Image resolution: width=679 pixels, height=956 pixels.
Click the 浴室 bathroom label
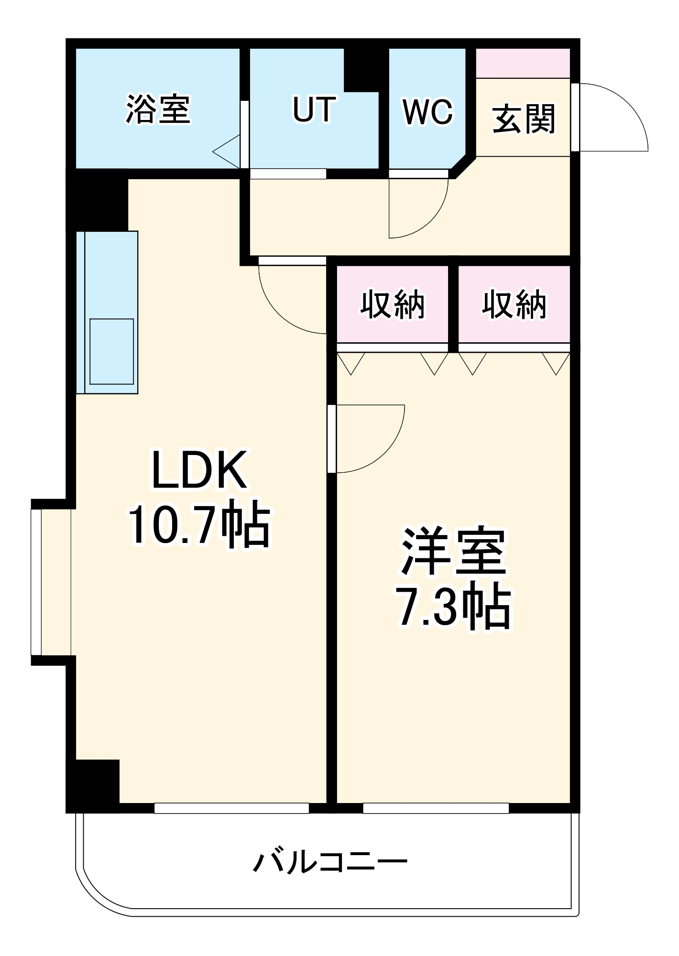point(158,109)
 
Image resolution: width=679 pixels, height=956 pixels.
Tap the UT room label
point(314,109)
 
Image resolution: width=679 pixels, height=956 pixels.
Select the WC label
point(427,112)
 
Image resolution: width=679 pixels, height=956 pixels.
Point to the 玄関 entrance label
point(524,119)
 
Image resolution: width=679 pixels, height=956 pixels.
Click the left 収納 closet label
point(392,304)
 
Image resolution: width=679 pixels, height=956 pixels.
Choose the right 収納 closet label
point(514,304)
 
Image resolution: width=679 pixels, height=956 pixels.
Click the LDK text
point(199,470)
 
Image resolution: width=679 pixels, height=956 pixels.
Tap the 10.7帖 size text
point(199,525)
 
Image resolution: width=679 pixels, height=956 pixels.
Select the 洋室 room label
point(453,552)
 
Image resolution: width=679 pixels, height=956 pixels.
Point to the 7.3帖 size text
point(453,608)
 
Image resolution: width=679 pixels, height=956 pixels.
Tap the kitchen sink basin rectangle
point(111,351)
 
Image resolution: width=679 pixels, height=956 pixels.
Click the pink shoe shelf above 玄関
point(523,63)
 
